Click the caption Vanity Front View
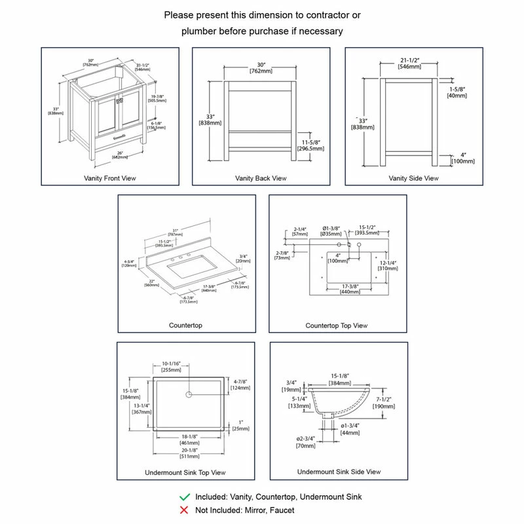pyautogui.click(x=110, y=178)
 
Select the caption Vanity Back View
pyautogui.click(x=261, y=178)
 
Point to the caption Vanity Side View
pyautogui.click(x=413, y=178)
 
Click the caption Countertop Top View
pyautogui.click(x=337, y=326)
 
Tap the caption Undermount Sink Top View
pyautogui.click(x=185, y=472)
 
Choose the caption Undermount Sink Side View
pyautogui.click(x=339, y=472)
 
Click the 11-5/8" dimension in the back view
pyautogui.click(x=311, y=145)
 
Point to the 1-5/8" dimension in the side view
pyautogui.click(x=457, y=92)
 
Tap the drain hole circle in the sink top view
pyautogui.click(x=189, y=394)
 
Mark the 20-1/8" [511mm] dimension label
pyautogui.click(x=189, y=454)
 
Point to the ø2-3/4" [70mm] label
pyautogui.click(x=305, y=441)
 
